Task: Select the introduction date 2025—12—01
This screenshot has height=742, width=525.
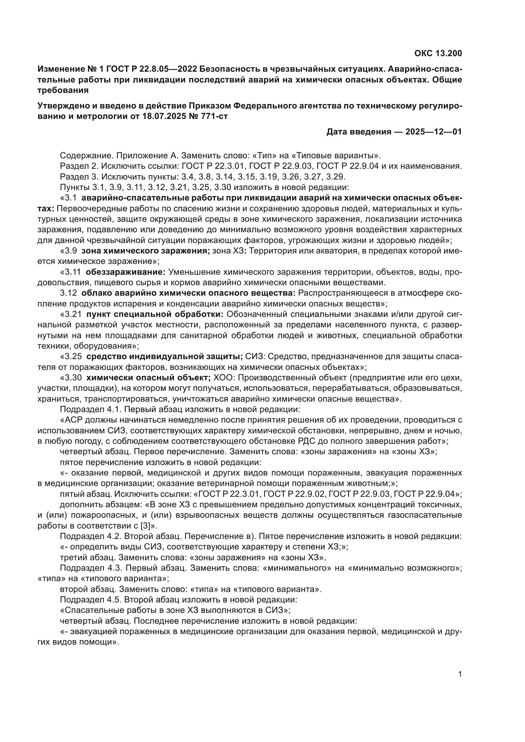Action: tap(434, 132)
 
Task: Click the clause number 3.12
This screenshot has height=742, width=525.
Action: tap(69, 293)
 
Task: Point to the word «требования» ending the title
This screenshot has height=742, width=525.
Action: tap(63, 90)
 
